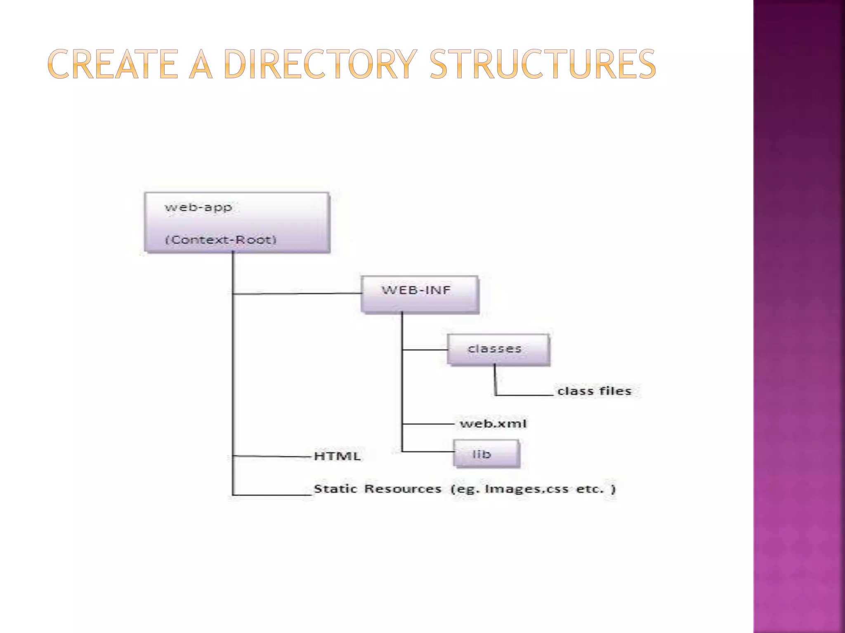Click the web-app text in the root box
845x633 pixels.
[198, 207]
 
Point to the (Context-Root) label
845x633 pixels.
[221, 239]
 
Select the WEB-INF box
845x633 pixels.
[420, 294]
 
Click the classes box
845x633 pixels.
[498, 349]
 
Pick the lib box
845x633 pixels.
[486, 454]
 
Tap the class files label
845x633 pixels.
[594, 391]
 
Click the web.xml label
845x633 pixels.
[493, 424]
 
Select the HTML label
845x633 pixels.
[337, 456]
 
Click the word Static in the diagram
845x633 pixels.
[335, 489]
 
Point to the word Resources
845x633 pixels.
[403, 489]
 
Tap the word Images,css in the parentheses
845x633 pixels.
[526, 489]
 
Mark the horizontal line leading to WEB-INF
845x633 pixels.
[297, 294]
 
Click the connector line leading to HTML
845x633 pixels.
[272, 456]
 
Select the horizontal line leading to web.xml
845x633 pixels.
[427, 424]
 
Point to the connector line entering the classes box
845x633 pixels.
[425, 350]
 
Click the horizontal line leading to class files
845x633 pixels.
[524, 395]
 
